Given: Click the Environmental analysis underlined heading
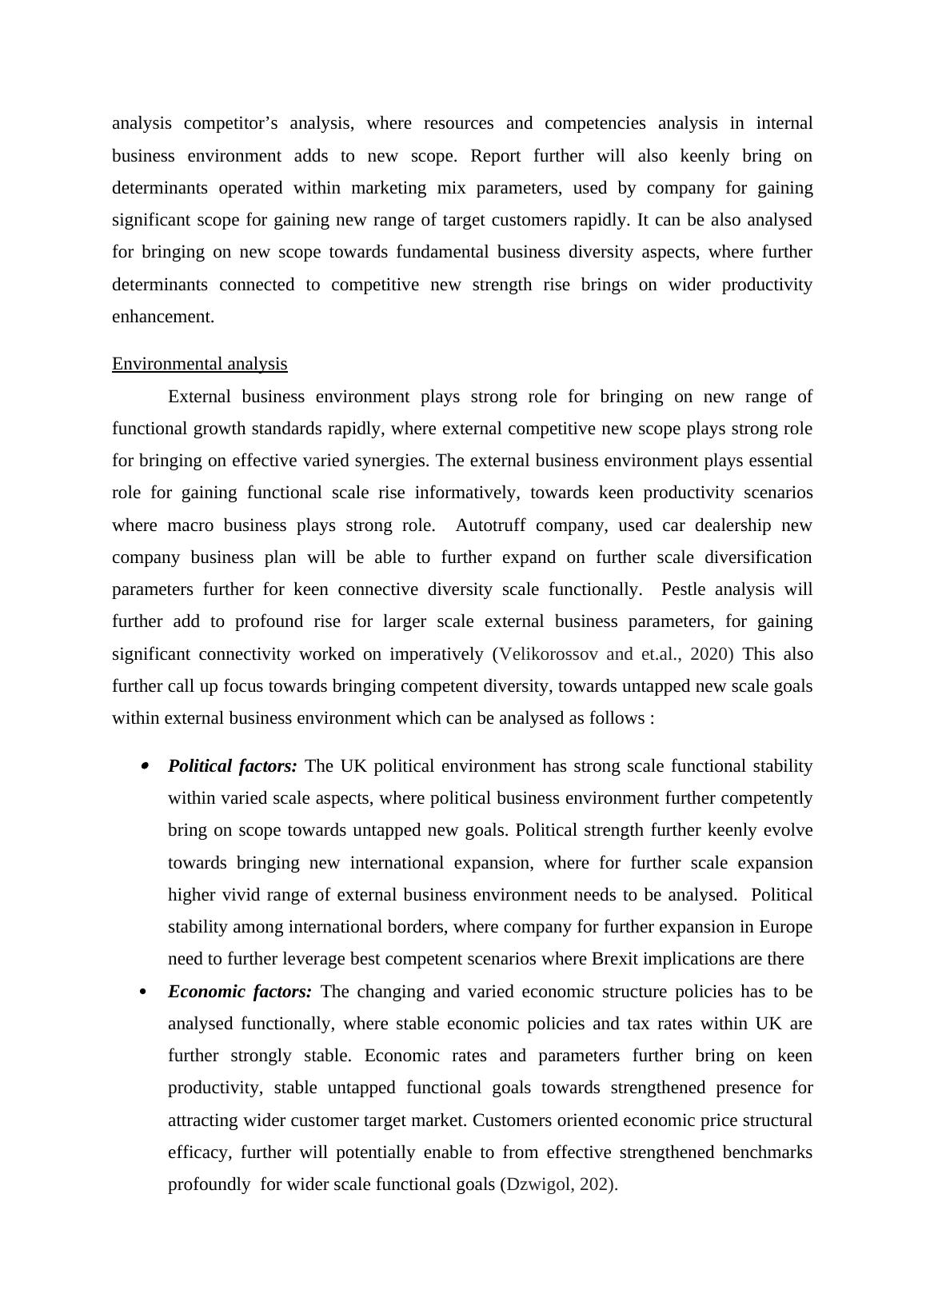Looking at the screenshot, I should (x=199, y=364).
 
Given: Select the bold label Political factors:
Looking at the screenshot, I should (x=232, y=766).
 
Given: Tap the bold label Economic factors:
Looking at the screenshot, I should (x=240, y=992).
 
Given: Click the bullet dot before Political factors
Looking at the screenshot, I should (x=145, y=766).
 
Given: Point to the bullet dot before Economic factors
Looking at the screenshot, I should (x=144, y=992).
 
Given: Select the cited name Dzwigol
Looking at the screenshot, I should (x=540, y=1184).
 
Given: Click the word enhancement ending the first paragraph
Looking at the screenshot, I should (x=162, y=317).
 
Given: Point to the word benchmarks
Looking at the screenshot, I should (x=767, y=1152).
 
